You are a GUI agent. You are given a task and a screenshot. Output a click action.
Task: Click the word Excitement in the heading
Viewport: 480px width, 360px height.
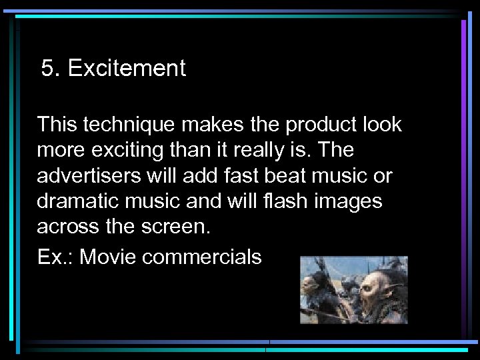pyautogui.click(x=126, y=69)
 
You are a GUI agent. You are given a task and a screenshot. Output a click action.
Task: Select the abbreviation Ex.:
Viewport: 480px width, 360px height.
pyautogui.click(x=55, y=257)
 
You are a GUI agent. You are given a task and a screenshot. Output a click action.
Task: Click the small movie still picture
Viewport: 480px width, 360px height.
pyautogui.click(x=353, y=289)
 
